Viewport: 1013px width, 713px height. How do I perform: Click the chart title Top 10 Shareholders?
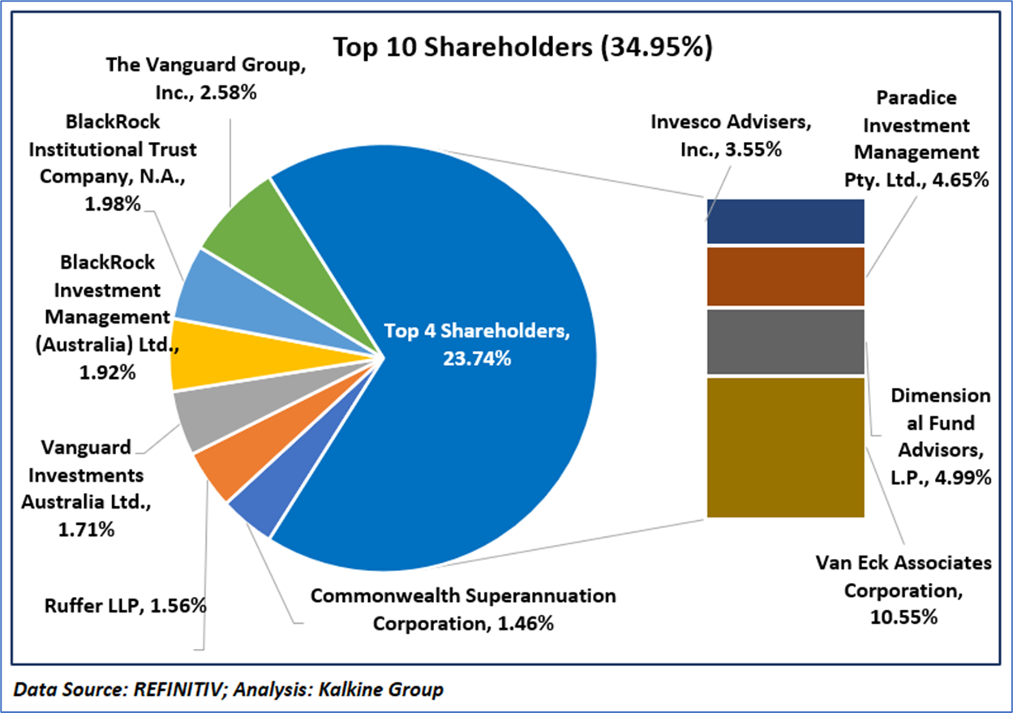click(x=522, y=47)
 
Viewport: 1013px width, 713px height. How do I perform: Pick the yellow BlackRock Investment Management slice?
click(x=195, y=354)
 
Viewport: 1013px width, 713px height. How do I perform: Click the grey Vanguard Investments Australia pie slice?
click(x=197, y=416)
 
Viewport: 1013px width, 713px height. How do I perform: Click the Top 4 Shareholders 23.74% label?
click(x=478, y=344)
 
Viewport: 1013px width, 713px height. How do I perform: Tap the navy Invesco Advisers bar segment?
click(x=784, y=221)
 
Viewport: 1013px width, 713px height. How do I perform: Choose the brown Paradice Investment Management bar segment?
click(x=784, y=277)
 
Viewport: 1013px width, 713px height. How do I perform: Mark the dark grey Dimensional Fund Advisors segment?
click(x=784, y=341)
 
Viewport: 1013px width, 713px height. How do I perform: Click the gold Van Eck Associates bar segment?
click(x=784, y=447)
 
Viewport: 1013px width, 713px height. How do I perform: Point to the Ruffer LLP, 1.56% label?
click(x=122, y=605)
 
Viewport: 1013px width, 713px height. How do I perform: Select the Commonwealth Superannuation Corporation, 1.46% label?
click(x=463, y=610)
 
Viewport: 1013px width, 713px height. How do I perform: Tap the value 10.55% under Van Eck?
click(x=905, y=617)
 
